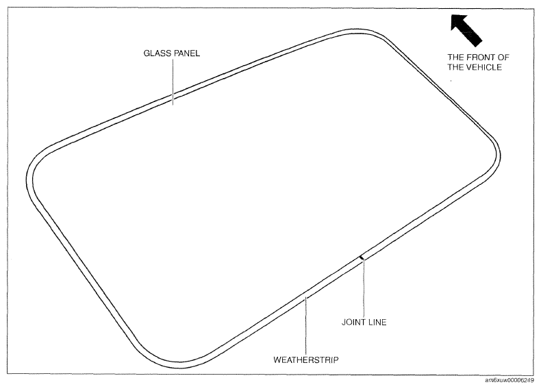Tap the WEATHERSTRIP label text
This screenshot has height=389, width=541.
pyautogui.click(x=306, y=360)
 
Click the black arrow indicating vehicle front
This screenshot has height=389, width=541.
pyautogui.click(x=466, y=30)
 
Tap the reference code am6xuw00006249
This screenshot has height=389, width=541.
pyautogui.click(x=509, y=380)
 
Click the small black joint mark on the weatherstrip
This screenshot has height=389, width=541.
pyautogui.click(x=362, y=257)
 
